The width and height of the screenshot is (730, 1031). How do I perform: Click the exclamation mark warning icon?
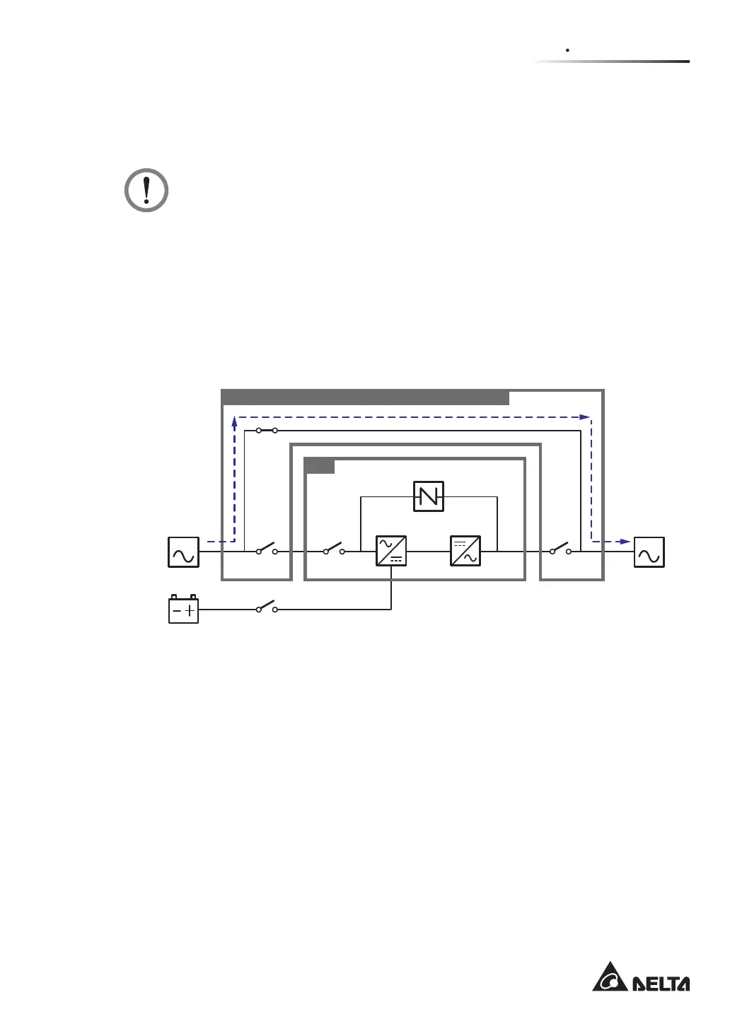pyautogui.click(x=146, y=190)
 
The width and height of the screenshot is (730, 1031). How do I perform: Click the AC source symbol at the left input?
pyautogui.click(x=183, y=552)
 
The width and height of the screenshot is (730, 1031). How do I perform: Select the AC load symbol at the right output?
pyautogui.click(x=649, y=552)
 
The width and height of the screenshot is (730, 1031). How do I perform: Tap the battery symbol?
pyautogui.click(x=183, y=610)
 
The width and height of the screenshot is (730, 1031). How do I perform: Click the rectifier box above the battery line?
pyautogui.click(x=391, y=552)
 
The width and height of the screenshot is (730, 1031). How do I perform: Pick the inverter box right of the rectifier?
pyautogui.click(x=465, y=552)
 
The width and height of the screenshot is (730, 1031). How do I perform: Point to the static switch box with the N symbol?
pyautogui.click(x=429, y=496)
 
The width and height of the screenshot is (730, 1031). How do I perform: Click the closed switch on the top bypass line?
pyautogui.click(x=267, y=430)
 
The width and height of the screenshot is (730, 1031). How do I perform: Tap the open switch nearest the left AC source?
pyautogui.click(x=267, y=550)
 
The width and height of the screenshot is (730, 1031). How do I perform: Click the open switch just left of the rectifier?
pyautogui.click(x=334, y=550)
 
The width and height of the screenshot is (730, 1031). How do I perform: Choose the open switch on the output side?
pyautogui.click(x=560, y=550)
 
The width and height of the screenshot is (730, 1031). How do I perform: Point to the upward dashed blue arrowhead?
pyautogui.click(x=234, y=421)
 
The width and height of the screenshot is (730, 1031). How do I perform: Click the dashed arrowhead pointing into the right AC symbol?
pyautogui.click(x=625, y=542)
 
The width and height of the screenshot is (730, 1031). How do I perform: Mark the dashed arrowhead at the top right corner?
pyautogui.click(x=585, y=417)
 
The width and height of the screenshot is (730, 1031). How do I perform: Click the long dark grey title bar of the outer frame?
pyautogui.click(x=366, y=397)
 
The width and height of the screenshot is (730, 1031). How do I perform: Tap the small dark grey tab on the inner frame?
pyautogui.click(x=320, y=466)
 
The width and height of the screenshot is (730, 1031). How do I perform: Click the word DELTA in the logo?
pyautogui.click(x=660, y=984)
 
